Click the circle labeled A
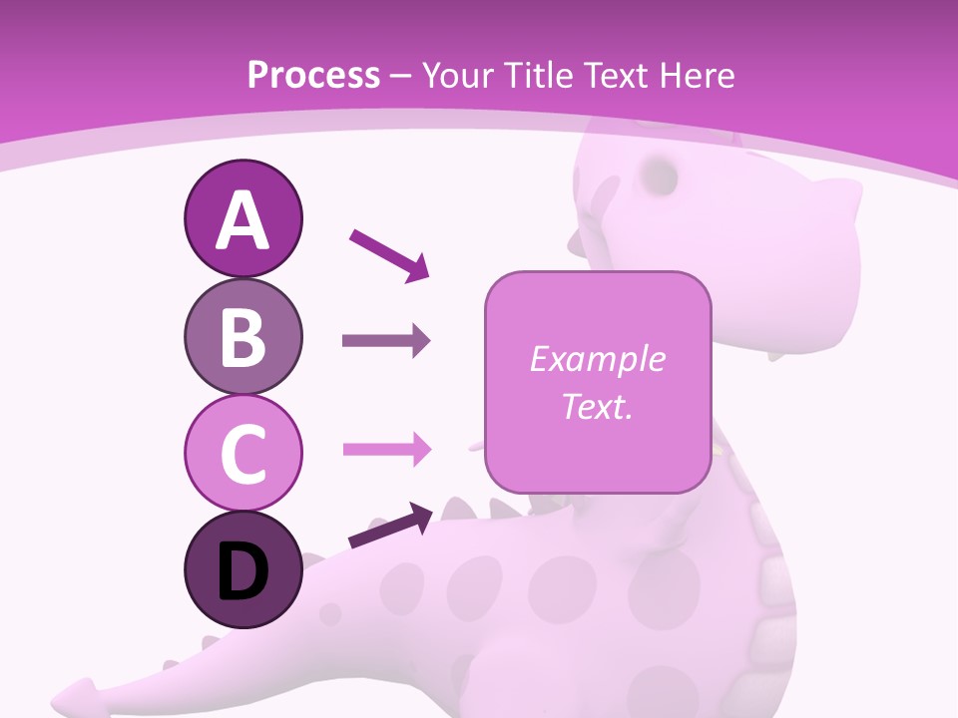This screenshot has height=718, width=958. point(242,218)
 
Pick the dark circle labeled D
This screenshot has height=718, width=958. point(242,569)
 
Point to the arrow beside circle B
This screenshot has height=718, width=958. point(386,341)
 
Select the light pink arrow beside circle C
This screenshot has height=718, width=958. point(386,450)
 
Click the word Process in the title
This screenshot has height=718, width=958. point(313,75)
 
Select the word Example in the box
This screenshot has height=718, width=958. point(597,359)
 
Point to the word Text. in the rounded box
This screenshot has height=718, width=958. point(597,406)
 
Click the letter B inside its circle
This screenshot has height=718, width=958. point(242,337)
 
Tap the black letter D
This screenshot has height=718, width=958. point(242,571)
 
